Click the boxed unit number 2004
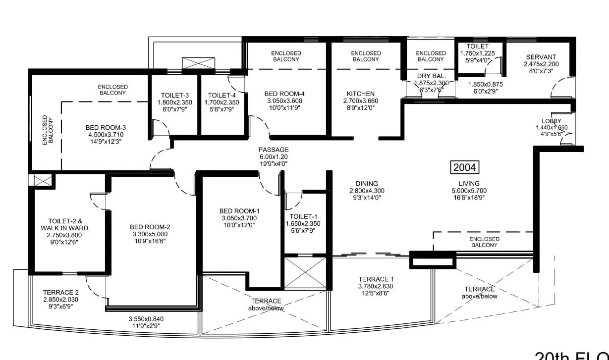coord(465,167)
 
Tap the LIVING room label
coord(469,184)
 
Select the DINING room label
coord(367,184)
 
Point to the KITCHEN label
coord(361,94)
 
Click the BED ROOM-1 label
coord(239,211)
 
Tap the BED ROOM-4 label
coord(284,94)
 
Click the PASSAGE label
coord(273,150)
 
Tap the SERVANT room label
coord(541,57)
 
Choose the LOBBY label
coord(552,121)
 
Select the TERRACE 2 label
coord(61,292)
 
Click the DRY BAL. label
coord(432,76)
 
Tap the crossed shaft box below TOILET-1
coord(304,272)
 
